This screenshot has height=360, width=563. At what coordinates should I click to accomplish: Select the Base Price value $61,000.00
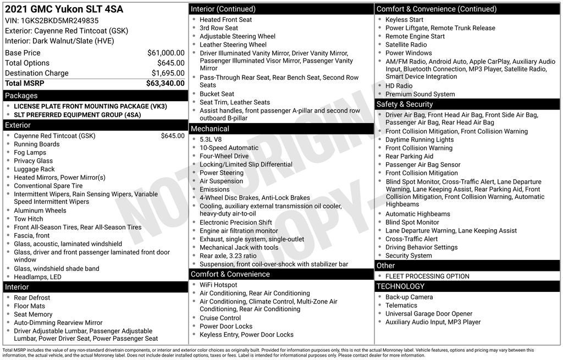tap(165, 53)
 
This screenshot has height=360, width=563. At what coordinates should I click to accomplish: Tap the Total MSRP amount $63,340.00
tap(165, 83)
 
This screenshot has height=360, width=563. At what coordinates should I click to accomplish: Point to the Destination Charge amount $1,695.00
tap(168, 73)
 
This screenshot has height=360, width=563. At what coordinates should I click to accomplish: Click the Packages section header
tap(21, 96)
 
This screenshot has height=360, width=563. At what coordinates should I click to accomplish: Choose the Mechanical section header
tap(209, 129)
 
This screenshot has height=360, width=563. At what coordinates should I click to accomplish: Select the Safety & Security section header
tap(405, 104)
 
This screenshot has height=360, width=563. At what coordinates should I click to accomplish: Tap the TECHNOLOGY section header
tap(400, 286)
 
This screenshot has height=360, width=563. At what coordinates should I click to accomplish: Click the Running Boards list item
tap(37, 144)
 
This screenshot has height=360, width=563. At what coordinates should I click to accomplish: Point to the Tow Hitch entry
tap(29, 219)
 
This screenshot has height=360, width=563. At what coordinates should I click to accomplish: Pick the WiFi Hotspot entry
tap(218, 285)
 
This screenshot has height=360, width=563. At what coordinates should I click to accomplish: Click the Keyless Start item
tap(404, 20)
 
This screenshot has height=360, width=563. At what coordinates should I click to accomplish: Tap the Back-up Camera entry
tap(409, 297)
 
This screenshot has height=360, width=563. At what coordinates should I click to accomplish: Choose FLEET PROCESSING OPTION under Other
tap(427, 276)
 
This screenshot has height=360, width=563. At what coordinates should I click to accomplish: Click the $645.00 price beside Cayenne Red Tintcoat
tap(173, 136)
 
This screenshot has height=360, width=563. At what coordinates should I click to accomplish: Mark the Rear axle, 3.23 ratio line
tap(228, 256)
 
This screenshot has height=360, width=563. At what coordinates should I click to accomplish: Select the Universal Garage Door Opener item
tap(429, 314)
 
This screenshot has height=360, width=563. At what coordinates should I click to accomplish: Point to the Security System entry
tap(409, 256)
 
